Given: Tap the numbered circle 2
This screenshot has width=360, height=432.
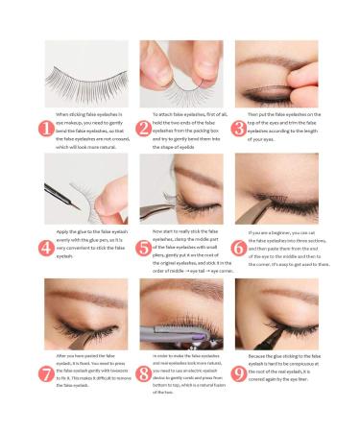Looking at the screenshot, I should click(144, 128).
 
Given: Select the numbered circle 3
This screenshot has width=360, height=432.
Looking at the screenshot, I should click(239, 128).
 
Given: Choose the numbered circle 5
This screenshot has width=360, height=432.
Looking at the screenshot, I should click(144, 248).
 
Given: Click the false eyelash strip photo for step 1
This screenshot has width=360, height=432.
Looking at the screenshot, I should click(84, 72).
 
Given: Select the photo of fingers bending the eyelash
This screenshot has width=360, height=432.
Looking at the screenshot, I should click(180, 72).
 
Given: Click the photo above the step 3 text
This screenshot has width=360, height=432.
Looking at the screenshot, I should click(276, 72).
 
